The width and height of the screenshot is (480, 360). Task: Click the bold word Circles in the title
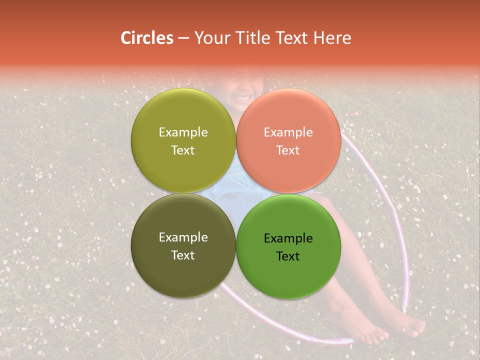coord(146,38)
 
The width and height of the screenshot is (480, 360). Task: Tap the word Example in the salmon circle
coord(288,132)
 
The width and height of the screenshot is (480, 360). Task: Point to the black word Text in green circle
coord(288,256)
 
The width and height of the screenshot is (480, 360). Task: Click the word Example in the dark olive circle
coord(183,237)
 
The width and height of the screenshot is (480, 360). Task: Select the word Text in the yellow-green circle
coord(183,150)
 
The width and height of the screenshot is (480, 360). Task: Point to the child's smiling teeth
coord(242,96)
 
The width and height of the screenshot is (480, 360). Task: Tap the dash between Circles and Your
coord(183,38)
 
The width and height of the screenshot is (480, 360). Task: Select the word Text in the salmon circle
coord(288,150)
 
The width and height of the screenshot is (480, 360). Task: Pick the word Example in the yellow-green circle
coord(183,132)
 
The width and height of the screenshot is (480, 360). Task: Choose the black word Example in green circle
coord(288,238)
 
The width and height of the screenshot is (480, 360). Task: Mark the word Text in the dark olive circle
coord(183,255)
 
